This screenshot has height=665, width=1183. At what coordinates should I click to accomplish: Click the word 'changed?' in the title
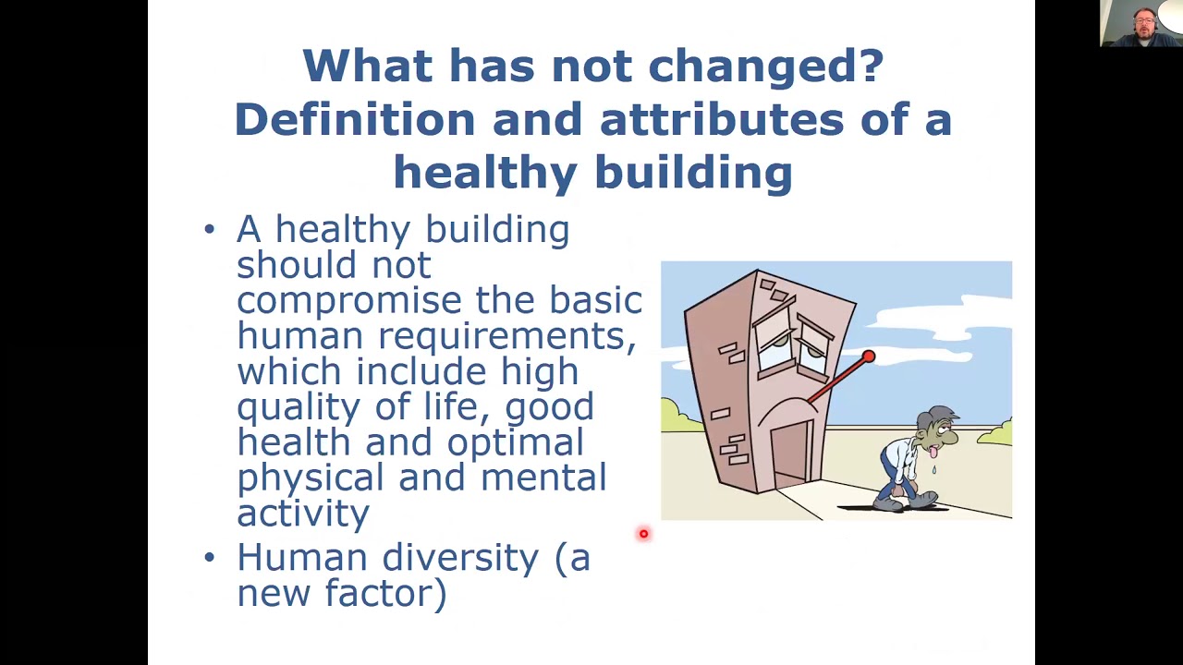pos(765,66)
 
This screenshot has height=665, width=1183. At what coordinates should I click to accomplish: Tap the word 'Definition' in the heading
pos(354,120)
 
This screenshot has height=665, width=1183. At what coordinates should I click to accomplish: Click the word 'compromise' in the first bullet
pos(348,301)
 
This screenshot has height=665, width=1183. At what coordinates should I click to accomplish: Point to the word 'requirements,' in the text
pos(506,336)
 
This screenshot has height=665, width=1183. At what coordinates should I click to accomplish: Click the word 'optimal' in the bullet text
pos(515,442)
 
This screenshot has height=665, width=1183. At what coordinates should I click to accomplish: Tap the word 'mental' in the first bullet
pos(543,478)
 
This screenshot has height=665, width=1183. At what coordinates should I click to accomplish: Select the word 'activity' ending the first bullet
pos(303,514)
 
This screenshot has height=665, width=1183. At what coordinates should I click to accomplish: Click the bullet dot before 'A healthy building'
pos(209,229)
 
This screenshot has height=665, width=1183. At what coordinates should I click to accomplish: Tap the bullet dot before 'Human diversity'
pos(209,558)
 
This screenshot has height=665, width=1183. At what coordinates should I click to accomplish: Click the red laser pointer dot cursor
pos(643,534)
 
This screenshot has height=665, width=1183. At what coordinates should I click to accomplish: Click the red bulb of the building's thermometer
pos(869,357)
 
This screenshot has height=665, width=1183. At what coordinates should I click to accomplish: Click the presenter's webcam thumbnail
pos(1140,23)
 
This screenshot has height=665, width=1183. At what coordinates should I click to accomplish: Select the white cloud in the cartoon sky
pos(933,323)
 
